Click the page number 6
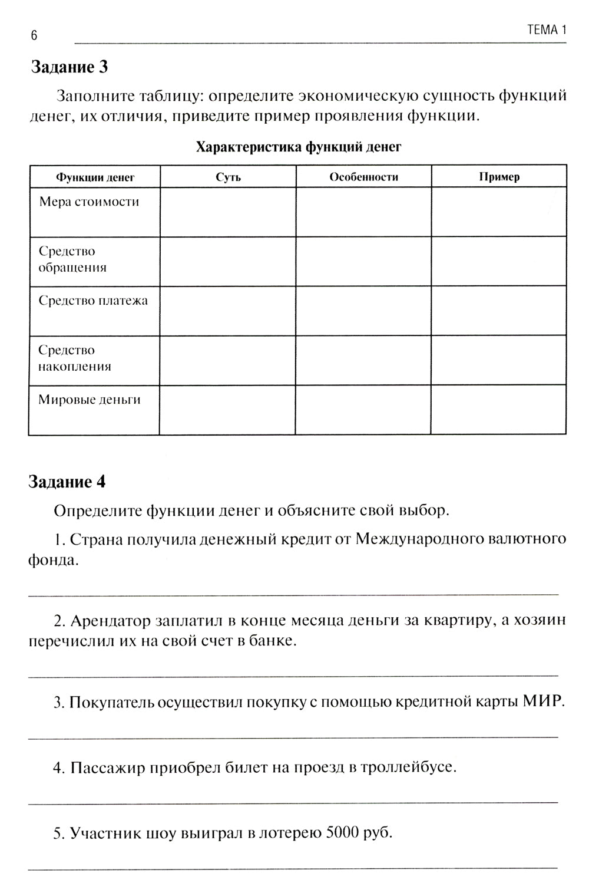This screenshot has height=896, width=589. coord(34,35)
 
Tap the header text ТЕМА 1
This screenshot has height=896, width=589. coord(546,30)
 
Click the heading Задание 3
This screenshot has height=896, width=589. coord(69,67)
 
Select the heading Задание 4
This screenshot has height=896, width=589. coord(67,482)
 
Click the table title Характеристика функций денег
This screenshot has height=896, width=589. coord(298,147)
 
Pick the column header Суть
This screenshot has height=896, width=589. coord(228,177)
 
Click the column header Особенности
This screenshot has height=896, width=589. coord(363,177)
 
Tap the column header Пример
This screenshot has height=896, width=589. coord(499,177)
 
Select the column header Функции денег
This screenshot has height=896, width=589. coord(95,177)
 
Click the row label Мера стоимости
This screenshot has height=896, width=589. coord(89,202)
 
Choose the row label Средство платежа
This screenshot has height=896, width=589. coord(93,301)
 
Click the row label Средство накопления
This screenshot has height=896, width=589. coord(74,358)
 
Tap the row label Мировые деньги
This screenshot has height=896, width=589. coord(89,400)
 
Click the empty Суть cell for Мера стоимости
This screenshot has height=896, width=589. coord(228,212)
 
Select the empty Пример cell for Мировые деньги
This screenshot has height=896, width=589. coord(499,410)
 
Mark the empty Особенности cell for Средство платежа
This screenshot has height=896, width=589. coord(363,311)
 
